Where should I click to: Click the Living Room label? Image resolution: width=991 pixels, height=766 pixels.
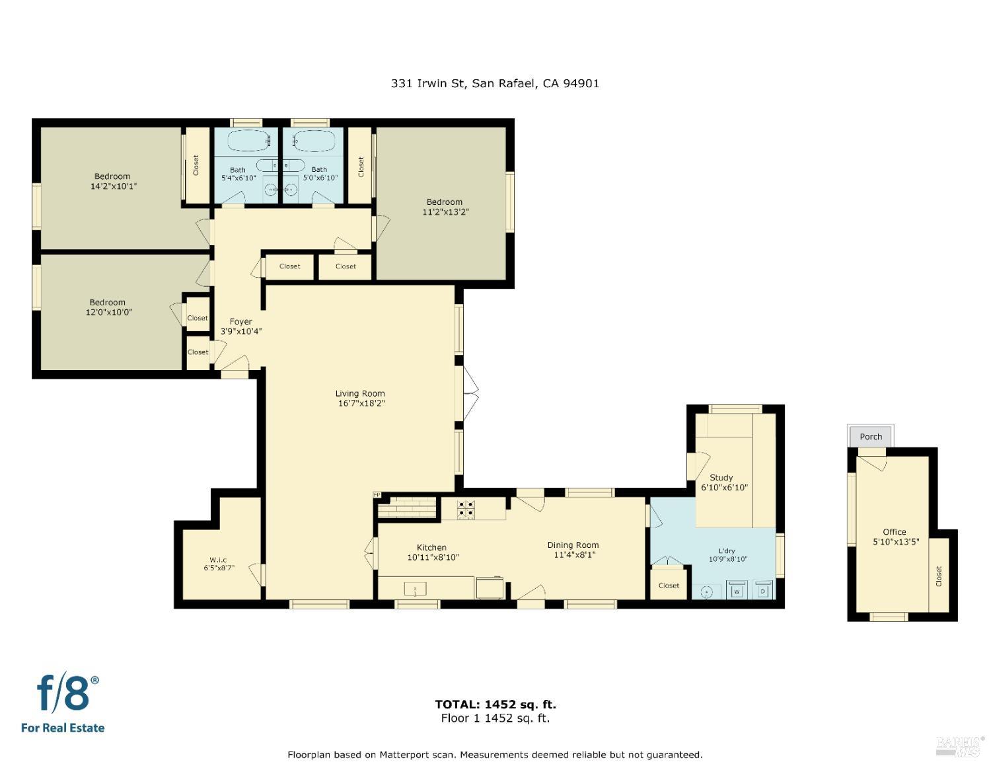pos(359,394)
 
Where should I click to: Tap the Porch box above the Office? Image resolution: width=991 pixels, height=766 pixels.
pos(871,437)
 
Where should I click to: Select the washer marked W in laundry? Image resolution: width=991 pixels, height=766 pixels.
pos(737,590)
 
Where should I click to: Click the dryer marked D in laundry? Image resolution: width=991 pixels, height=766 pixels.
pos(763,590)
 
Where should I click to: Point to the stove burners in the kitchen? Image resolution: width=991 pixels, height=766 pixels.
pos(466,510)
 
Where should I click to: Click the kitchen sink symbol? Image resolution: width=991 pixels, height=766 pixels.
pos(416,588)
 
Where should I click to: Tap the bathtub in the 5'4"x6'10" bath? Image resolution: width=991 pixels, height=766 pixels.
pos(248,141)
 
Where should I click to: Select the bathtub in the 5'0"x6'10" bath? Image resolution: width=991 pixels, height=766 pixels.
pos(313,141)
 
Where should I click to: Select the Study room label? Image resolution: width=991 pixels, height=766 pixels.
pos(721,477)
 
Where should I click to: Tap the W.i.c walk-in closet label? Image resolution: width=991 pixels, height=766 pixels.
pos(218,560)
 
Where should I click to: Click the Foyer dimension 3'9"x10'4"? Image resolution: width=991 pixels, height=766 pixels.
pos(241,331)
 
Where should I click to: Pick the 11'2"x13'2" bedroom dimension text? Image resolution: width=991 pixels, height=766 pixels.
pos(445,212)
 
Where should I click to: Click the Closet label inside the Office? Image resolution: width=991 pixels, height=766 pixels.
pos(939,576)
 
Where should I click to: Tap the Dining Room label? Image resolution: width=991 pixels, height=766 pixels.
pos(573,545)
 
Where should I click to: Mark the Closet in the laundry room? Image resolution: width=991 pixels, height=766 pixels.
pos(669,586)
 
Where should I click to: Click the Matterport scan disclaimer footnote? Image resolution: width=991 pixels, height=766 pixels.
pos(495,754)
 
